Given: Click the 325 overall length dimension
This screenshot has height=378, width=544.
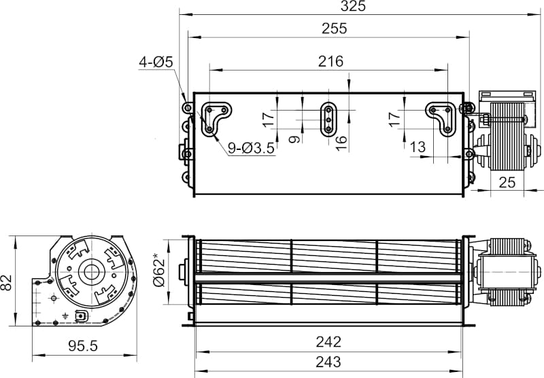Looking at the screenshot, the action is click(353, 6).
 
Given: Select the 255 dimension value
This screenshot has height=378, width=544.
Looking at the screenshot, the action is click(334, 29).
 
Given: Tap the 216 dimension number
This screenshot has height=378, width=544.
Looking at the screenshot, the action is click(330, 61).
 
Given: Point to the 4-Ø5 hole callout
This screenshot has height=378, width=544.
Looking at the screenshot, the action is click(156, 62).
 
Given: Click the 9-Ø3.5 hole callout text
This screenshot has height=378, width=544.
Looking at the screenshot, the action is click(251, 148).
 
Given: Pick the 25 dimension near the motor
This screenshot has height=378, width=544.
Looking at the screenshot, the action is click(507, 183).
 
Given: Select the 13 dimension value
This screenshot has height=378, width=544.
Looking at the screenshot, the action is click(418, 147).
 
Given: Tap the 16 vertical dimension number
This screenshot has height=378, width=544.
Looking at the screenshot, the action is click(341, 143).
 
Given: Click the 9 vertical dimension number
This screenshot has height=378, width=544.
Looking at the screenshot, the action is click(294, 140).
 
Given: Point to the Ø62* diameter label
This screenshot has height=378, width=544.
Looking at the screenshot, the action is click(158, 270).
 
